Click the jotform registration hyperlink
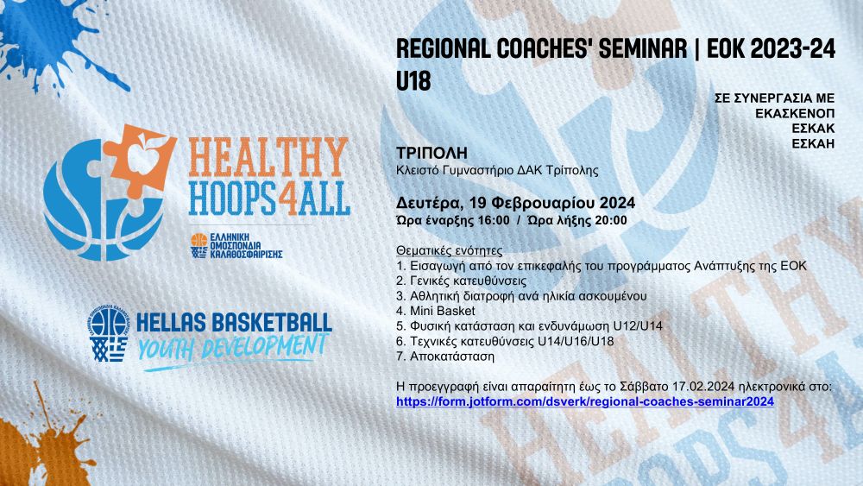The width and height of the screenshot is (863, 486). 585,401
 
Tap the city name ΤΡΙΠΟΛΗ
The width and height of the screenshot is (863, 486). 432,153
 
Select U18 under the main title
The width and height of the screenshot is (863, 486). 413,81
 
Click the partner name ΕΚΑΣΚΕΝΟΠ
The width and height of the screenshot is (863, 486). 795,113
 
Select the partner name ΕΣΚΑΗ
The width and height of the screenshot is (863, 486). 814,143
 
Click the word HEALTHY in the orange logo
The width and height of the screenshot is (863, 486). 269,157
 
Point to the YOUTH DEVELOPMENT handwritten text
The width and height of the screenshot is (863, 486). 232,348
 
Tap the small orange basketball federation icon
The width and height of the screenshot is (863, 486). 198,246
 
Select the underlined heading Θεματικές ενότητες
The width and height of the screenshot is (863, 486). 449,251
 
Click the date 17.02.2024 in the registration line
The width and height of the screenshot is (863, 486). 702,387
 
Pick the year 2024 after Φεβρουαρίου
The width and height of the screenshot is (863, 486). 618,203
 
